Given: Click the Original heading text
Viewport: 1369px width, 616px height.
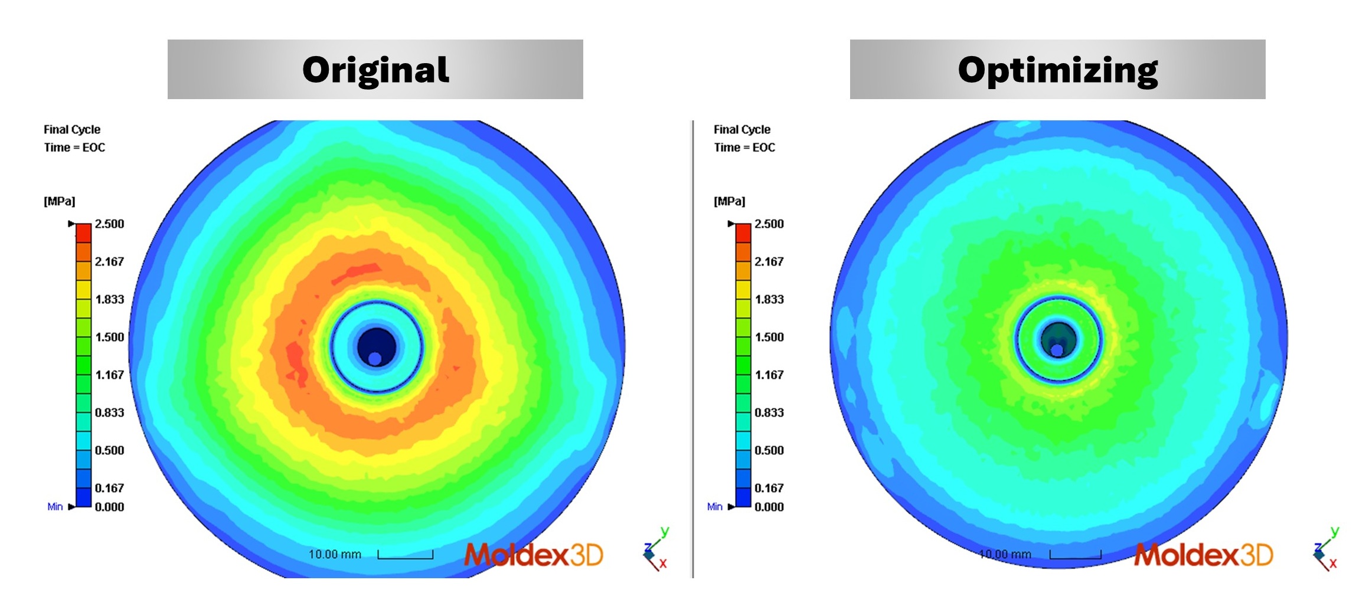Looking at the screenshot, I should click(375, 70).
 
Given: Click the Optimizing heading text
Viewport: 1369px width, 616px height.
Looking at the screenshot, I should click(1057, 71).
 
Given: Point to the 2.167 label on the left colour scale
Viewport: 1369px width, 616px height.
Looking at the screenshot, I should click(109, 261).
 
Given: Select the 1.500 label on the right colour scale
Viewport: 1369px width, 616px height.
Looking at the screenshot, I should click(769, 337).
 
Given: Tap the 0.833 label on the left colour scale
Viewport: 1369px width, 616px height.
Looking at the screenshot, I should click(109, 412).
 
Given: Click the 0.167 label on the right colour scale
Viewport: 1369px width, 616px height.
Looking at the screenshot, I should click(769, 488).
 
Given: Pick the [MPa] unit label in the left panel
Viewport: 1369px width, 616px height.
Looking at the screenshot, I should click(60, 201).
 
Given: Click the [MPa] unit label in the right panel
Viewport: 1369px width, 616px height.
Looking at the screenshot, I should click(730, 201).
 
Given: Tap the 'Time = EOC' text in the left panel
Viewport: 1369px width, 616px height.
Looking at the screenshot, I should click(74, 148).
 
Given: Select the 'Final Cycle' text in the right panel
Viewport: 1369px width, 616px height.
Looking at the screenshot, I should click(742, 129).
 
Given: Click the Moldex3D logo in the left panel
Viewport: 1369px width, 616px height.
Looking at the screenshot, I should click(534, 555).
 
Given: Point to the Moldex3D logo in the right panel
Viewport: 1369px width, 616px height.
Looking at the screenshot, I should click(1204, 555).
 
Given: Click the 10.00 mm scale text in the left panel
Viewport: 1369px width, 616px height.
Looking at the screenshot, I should click(335, 554).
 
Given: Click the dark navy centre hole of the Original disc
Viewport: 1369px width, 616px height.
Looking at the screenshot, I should click(377, 343).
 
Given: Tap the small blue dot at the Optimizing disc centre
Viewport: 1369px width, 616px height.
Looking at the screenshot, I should click(1057, 350).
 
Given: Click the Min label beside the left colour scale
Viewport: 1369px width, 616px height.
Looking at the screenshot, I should click(55, 507).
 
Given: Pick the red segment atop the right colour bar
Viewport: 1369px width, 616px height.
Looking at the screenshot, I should click(743, 233).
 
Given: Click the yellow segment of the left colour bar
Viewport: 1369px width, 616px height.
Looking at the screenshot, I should click(84, 290).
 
